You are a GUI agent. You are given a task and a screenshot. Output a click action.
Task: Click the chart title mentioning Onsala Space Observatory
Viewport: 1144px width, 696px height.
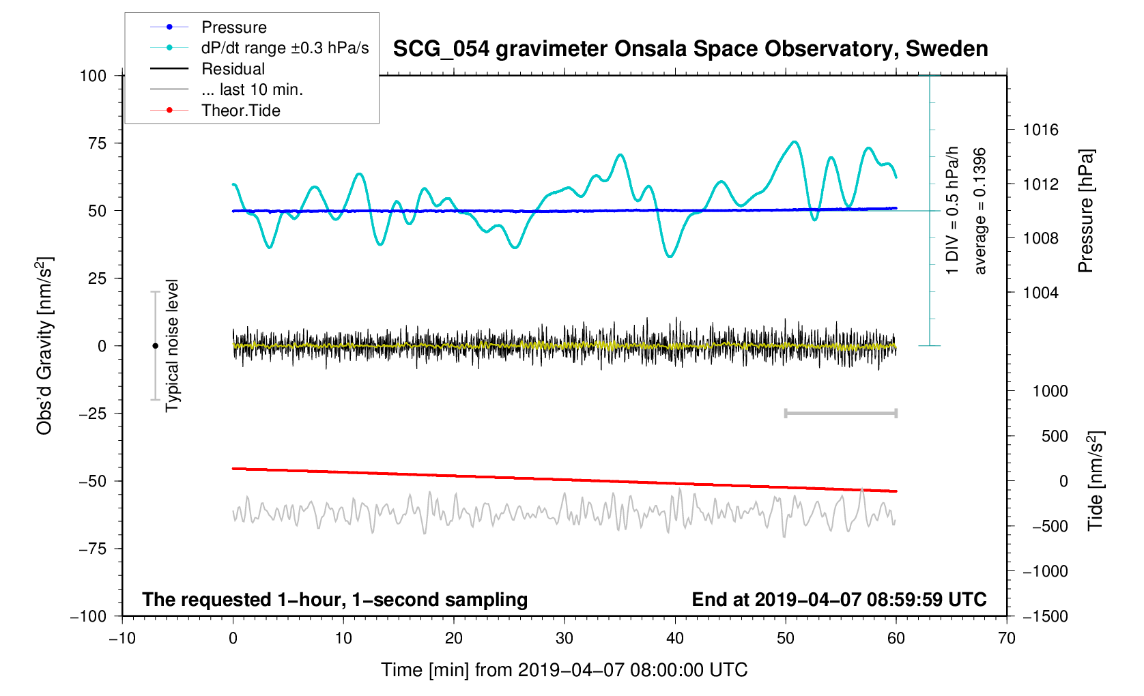pyautogui.click(x=690, y=49)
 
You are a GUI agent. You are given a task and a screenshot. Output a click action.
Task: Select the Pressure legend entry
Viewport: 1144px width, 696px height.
pyautogui.click(x=234, y=27)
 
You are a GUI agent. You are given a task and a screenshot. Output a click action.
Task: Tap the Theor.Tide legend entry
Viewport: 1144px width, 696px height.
pyautogui.click(x=240, y=111)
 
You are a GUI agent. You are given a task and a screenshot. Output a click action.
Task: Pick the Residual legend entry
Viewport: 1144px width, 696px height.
pyautogui.click(x=233, y=69)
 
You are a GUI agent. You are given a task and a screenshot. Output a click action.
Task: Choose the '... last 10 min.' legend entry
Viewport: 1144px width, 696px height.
pyautogui.click(x=252, y=89)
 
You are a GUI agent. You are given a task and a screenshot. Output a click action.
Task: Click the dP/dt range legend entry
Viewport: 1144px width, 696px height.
pyautogui.click(x=285, y=48)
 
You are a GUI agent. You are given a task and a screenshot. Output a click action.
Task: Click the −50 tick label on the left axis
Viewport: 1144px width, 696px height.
pyautogui.click(x=93, y=481)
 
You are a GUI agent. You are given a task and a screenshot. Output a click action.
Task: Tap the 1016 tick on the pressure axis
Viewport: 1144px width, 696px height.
pyautogui.click(x=1040, y=130)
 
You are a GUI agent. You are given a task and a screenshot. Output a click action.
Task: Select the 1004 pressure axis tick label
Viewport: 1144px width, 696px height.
pyautogui.click(x=1040, y=293)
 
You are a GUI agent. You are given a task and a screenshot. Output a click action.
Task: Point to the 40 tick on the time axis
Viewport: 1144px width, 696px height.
pyautogui.click(x=675, y=638)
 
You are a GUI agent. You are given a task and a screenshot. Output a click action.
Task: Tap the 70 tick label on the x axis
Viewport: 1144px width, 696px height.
pyautogui.click(x=1006, y=638)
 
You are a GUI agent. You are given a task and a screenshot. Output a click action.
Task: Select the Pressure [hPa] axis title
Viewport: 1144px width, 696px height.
pyautogui.click(x=1085, y=211)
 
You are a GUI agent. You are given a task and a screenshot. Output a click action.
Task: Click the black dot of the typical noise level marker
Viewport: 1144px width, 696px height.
pyautogui.click(x=155, y=346)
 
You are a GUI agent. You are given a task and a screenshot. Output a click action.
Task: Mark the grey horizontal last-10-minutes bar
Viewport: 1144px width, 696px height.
pyautogui.click(x=840, y=413)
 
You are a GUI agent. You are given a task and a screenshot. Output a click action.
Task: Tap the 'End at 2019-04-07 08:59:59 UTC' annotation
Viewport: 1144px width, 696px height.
pyautogui.click(x=839, y=600)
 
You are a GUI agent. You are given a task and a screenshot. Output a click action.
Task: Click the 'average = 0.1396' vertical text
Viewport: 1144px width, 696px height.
pyautogui.click(x=980, y=211)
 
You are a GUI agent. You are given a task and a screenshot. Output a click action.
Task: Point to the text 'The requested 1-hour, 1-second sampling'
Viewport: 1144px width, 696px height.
pyautogui.click(x=334, y=600)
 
